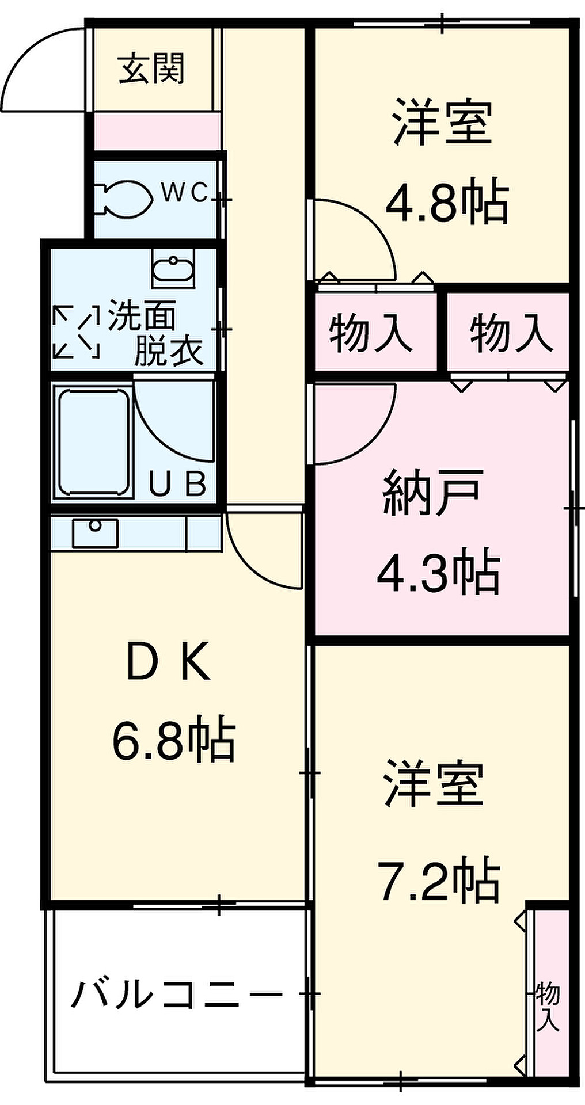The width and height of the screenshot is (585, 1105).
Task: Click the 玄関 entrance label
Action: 152,69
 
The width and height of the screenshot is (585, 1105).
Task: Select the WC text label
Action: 184,193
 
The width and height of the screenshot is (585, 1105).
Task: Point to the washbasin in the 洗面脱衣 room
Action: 173,269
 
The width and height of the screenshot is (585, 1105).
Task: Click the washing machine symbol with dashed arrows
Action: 76,330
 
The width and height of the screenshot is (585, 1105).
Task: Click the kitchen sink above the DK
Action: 96,532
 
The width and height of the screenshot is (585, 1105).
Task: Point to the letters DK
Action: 168,665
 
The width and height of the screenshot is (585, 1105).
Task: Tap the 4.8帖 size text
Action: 447,203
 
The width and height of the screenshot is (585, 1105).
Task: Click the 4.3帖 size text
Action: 438,572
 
